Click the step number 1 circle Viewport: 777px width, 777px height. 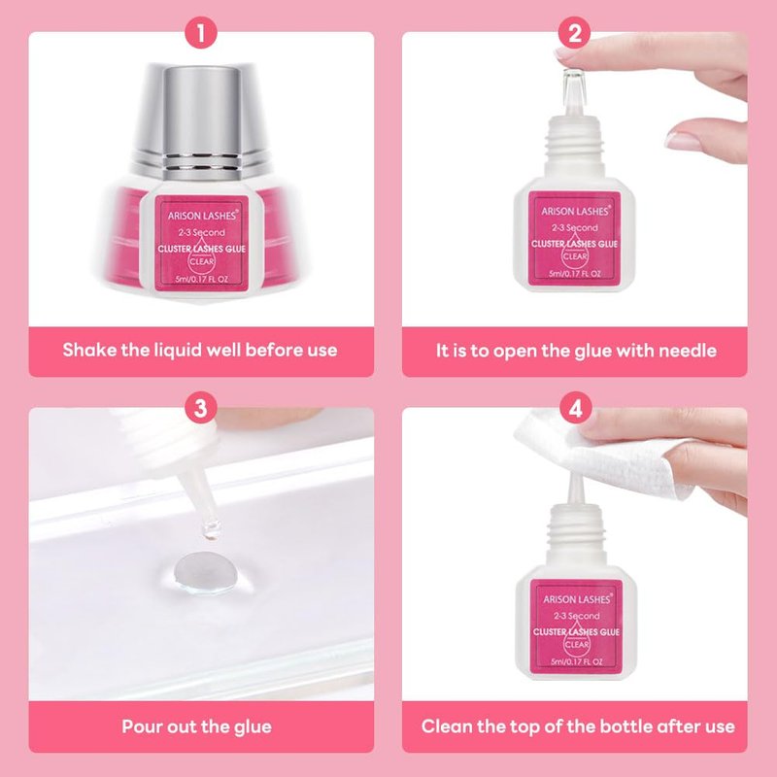coord(201,33)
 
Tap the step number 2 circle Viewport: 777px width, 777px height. coord(574,33)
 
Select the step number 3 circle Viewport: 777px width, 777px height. coord(201,408)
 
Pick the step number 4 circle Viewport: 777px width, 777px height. coord(575,408)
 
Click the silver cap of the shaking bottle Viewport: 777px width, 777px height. coord(201,121)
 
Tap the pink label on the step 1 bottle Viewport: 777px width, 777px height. coord(202,244)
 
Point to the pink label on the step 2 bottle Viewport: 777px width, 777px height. coord(574,239)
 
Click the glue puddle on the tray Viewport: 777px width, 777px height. coord(205,573)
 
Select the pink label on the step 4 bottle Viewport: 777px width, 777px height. coord(576,626)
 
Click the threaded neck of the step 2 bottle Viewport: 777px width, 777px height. coord(575,139)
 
